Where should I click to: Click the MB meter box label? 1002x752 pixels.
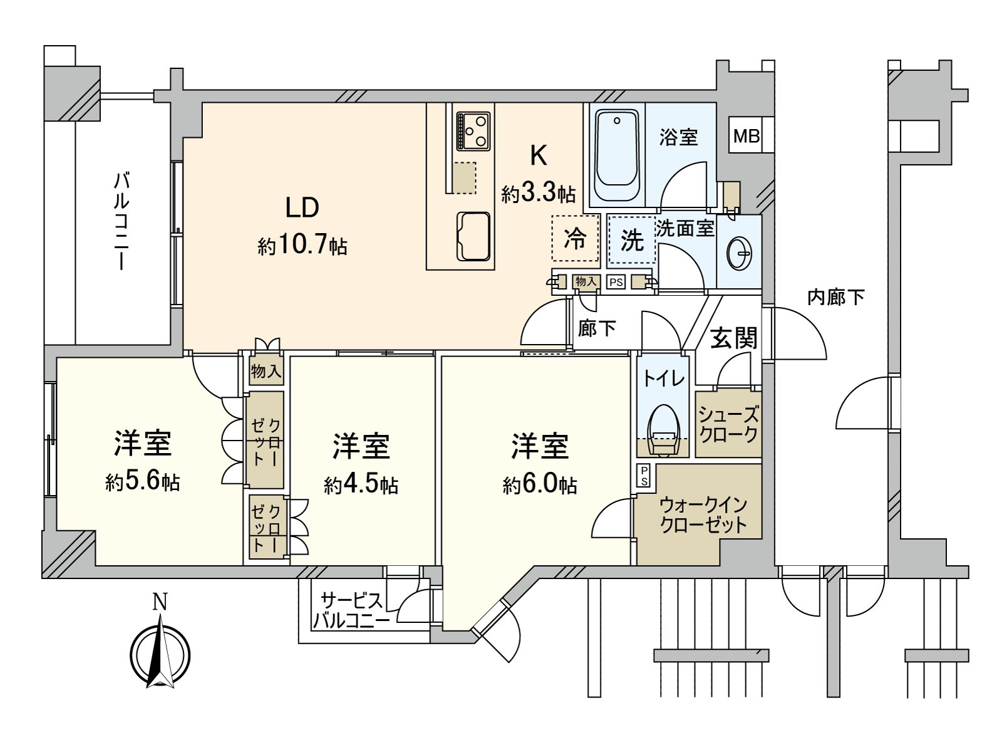coord(746,135)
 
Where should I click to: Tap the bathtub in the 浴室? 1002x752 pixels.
coord(617,154)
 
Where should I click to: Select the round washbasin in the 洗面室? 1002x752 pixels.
coord(740,254)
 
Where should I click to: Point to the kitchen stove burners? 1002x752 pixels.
coord(473,130)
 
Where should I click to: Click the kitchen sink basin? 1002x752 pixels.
coord(473,236)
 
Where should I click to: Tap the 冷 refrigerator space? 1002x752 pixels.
coord(575,238)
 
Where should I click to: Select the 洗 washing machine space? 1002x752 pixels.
coord(631,239)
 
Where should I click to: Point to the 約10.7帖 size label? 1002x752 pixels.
coord(302,245)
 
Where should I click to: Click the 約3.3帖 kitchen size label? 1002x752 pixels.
coord(538,194)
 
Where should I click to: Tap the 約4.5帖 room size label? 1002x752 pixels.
coord(361,484)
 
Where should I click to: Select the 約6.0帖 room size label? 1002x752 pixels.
coord(540,484)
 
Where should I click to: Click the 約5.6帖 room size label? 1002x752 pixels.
coord(143,481)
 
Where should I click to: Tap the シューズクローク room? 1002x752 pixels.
coord(728,424)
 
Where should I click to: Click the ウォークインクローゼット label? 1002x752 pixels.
coord(703,514)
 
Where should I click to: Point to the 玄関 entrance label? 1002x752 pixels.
coord(733,338)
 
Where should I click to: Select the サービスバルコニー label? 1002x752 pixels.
coord(351,610)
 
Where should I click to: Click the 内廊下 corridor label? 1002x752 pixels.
coord(835,297)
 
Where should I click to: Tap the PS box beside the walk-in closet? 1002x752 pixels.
coord(644,476)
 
